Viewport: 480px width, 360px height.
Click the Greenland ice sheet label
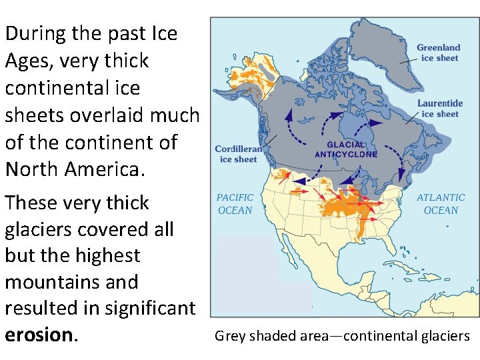click(438, 53)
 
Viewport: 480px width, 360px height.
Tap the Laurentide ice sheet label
click(439, 109)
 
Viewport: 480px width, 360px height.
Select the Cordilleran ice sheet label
click(239, 154)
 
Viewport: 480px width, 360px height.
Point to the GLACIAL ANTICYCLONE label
click(346, 149)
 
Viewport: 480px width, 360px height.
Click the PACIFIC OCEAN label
click(235, 204)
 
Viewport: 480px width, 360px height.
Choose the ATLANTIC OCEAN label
click(441, 204)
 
